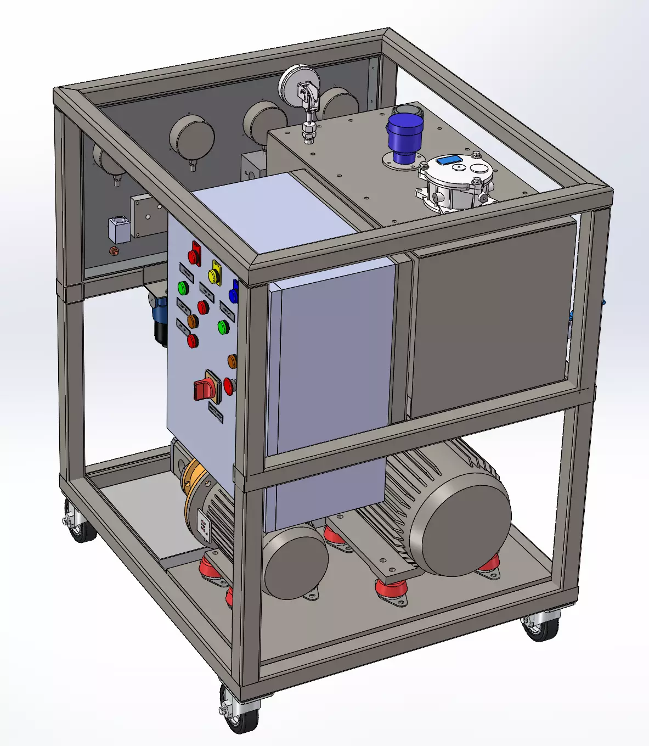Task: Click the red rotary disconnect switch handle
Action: click(202, 389)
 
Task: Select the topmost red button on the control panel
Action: click(194, 255)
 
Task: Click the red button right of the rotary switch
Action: click(228, 386)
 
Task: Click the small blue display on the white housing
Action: click(451, 160)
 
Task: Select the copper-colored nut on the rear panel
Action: click(115, 251)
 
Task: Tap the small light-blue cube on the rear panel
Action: click(119, 230)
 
